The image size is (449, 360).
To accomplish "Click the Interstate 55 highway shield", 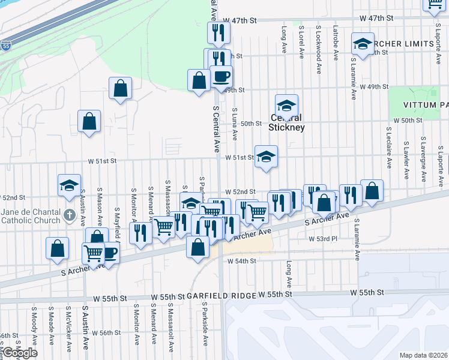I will click(x=5, y=45).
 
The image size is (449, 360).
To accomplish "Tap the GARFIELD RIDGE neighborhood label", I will click(x=221, y=296).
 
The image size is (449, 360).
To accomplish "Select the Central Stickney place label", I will click(x=287, y=122).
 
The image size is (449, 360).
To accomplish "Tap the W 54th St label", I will click(x=241, y=261).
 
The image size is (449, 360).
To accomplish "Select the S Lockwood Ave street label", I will click(x=318, y=41).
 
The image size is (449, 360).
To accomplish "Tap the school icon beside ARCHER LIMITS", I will click(x=363, y=44).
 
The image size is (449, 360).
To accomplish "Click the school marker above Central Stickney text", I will click(x=287, y=105).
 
